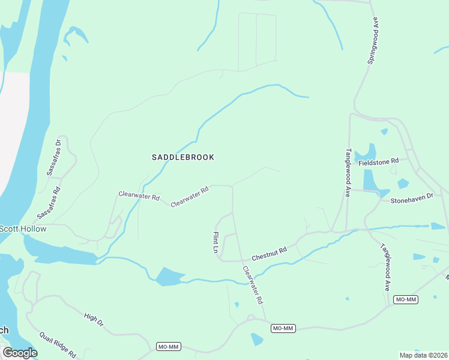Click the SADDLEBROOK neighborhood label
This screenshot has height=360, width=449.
click(182, 157)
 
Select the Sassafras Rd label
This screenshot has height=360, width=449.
click(49, 203)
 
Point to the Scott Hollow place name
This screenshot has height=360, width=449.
click(23, 229)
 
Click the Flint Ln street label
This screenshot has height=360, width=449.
click(215, 242)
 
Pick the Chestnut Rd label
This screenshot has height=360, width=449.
click(270, 253)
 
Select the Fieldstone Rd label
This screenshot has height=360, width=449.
click(378, 161)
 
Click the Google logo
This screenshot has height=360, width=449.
click(20, 352)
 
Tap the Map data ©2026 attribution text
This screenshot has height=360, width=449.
click(423, 355)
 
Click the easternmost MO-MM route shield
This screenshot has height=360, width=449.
click(406, 299)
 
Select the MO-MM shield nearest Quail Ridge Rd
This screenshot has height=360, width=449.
click(168, 347)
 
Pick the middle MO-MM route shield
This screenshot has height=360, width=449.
click(283, 328)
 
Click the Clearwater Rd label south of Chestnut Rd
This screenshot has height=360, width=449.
click(253, 284)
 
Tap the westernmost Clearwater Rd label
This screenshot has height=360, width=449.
click(139, 196)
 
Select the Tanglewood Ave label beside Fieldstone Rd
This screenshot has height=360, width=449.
click(347, 173)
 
